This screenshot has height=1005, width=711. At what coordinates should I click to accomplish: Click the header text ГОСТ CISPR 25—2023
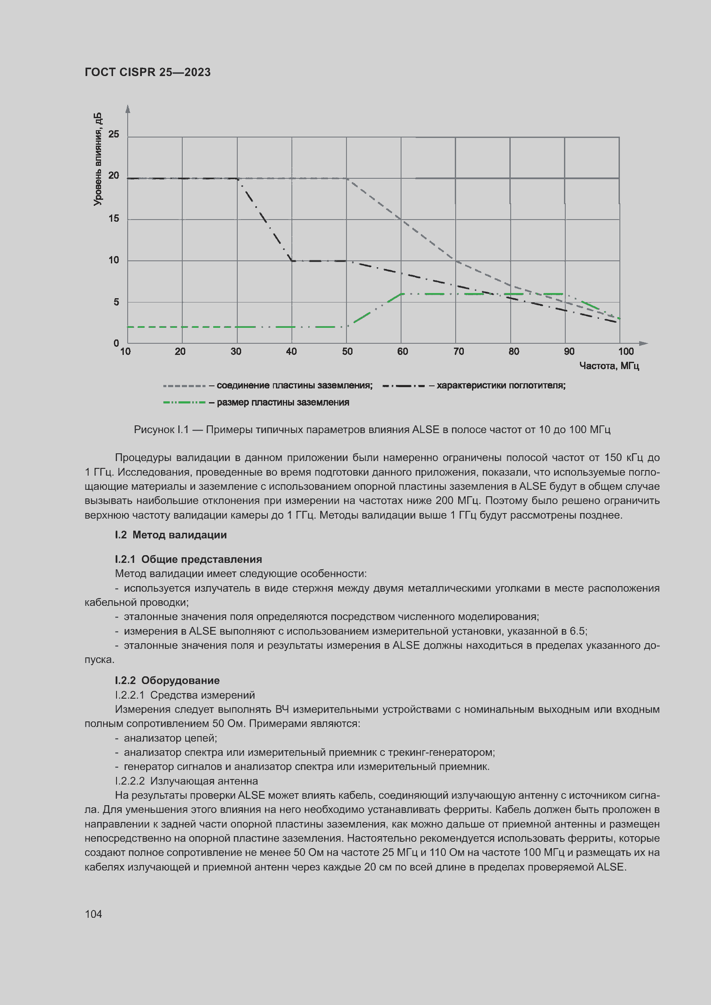click(147, 72)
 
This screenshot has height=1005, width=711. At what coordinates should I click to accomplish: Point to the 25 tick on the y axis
click(114, 134)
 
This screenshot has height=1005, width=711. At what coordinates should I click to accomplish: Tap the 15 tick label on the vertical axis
click(114, 218)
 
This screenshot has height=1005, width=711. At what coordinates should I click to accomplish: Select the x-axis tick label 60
click(402, 351)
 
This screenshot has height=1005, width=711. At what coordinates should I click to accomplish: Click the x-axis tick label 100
click(625, 351)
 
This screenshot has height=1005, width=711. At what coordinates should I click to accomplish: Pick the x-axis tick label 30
click(236, 351)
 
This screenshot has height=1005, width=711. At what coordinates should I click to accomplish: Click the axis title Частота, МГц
click(609, 366)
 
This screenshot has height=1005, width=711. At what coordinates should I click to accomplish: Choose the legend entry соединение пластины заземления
click(294, 385)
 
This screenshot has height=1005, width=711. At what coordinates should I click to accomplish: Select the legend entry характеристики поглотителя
click(501, 385)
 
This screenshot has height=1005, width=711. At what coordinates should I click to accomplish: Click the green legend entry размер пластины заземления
click(283, 402)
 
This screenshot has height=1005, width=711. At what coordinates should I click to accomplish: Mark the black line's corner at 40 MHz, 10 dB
click(292, 261)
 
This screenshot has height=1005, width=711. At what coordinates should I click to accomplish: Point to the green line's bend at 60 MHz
click(401, 294)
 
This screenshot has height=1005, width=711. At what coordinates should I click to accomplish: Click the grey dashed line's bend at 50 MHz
click(347, 179)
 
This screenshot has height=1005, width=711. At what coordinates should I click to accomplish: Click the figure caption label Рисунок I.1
click(161, 430)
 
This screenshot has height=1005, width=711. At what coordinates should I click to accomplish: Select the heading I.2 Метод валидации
click(171, 535)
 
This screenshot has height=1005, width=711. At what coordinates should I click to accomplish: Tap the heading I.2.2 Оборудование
click(167, 680)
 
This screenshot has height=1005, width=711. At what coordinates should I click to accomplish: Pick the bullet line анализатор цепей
click(170, 738)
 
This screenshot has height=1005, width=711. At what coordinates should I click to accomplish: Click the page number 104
click(93, 914)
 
